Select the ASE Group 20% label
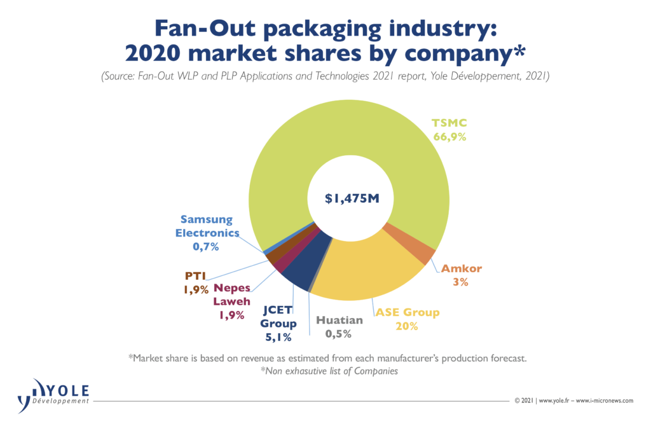click(x=407, y=319)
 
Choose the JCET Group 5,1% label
click(x=279, y=324)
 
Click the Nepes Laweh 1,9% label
click(x=232, y=301)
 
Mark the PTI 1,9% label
click(x=197, y=282)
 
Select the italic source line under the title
click(x=325, y=77)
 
